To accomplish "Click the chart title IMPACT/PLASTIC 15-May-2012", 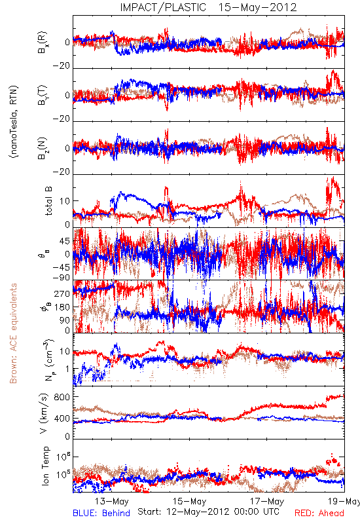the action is coord(208,7).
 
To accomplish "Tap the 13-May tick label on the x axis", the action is coord(111,501).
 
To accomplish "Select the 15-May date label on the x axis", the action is coord(189,501).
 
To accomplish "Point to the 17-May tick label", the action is coord(267,501).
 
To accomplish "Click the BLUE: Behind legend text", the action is coord(101,513).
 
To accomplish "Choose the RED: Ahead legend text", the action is coord(319,513).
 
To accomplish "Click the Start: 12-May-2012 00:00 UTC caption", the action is coord(208,512).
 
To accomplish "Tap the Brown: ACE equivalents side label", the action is coord(13,333).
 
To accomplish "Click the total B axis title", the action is coord(48,201).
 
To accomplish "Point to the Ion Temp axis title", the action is coord(45,466).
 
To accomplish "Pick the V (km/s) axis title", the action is coord(45,414).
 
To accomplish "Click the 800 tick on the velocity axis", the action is coord(62,397).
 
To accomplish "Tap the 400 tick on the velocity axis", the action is coord(62,419).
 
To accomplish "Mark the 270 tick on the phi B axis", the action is coord(62,294).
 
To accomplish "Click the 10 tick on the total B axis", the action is coord(65,201).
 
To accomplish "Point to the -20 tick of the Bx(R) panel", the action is coord(61,66).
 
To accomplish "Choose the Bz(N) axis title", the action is coord(43,148).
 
